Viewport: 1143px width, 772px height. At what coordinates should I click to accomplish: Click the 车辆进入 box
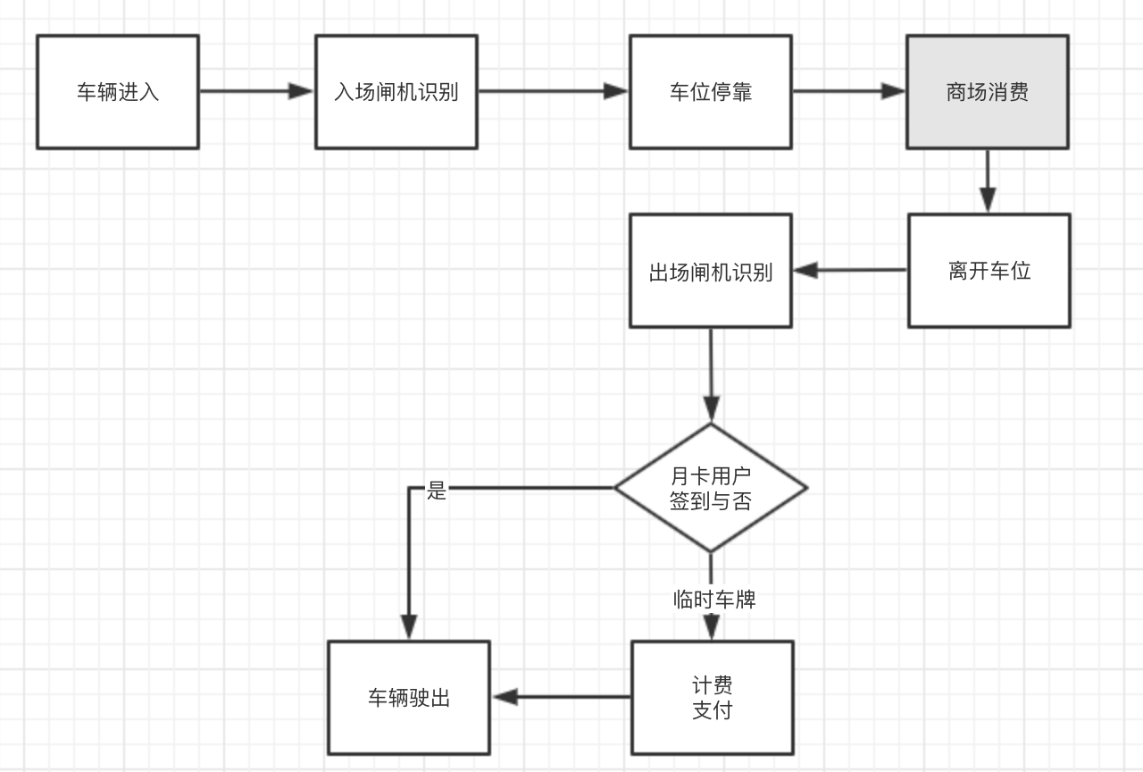click(x=117, y=92)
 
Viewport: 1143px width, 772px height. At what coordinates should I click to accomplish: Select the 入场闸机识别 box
click(x=396, y=92)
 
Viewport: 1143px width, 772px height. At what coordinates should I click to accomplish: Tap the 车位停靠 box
click(x=710, y=92)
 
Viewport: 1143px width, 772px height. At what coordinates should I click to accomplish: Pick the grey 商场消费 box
click(x=987, y=92)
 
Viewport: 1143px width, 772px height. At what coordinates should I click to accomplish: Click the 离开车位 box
click(x=989, y=271)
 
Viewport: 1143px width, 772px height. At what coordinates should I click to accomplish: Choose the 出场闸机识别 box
click(x=710, y=271)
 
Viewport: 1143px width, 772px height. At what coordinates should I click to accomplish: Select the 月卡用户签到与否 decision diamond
click(x=710, y=488)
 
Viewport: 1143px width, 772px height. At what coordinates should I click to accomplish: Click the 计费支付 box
click(x=712, y=698)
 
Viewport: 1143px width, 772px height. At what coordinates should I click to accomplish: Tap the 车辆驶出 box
click(x=409, y=698)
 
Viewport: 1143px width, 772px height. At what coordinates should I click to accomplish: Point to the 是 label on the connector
click(x=437, y=490)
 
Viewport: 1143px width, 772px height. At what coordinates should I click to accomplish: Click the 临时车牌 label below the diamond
click(x=714, y=600)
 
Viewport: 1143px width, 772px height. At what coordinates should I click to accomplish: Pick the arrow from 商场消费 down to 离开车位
click(x=987, y=181)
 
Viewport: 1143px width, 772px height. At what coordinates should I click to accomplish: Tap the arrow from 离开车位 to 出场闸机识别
click(x=849, y=270)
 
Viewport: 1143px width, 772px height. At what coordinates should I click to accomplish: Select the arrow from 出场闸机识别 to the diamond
click(x=711, y=375)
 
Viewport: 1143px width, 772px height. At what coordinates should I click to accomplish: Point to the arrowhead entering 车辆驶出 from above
click(x=409, y=627)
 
